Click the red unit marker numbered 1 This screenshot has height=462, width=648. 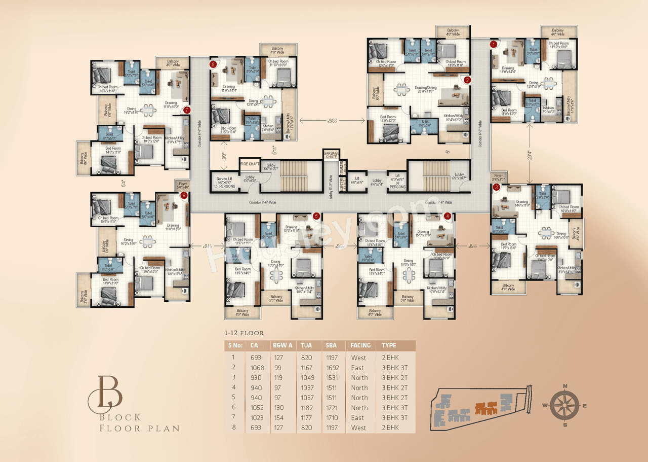493,44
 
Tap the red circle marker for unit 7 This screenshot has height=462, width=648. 187,110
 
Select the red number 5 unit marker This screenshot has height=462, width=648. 316,216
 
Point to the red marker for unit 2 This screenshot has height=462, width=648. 467,80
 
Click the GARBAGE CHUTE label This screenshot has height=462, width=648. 331,154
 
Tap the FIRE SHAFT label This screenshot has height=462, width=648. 250,164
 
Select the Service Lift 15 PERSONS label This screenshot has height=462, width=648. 226,183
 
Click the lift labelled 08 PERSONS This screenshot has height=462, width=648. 397,183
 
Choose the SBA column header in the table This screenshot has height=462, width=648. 331,345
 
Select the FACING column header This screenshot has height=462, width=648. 360,345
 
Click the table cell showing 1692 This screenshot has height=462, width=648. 332,368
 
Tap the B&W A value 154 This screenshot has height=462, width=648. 279,418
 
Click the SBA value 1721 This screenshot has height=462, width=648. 332,408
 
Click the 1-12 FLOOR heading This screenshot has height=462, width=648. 244,333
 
